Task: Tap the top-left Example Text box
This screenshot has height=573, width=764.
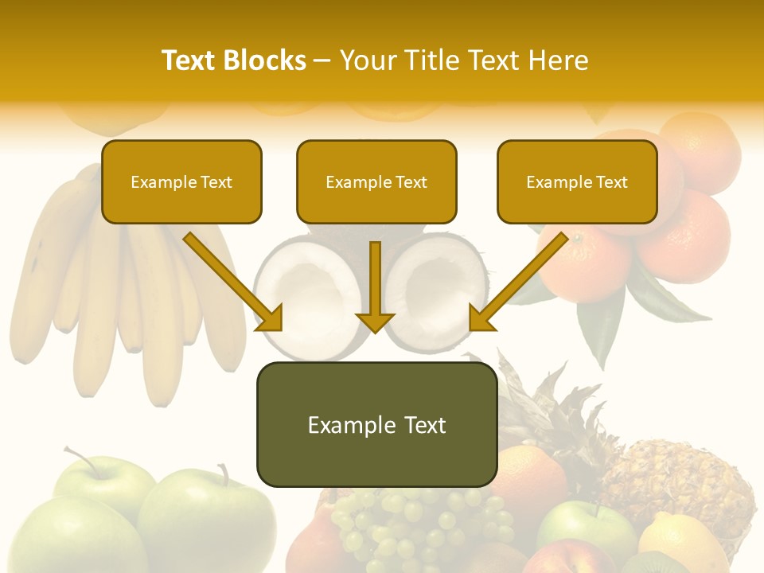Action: pos(181,181)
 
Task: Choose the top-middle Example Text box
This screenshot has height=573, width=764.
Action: pos(376,181)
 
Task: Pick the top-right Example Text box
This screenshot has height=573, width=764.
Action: pos(577,181)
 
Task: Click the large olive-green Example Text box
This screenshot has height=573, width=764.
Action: pos(376,424)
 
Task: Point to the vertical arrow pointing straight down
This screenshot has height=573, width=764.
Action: pos(375,286)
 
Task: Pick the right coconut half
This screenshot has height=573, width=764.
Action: pos(438,290)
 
